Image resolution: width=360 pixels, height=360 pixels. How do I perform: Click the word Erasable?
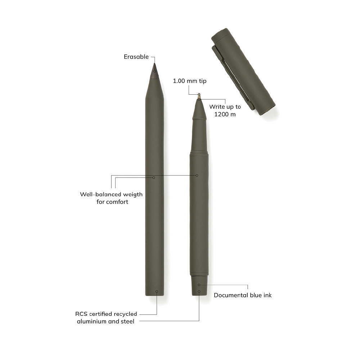pos(136,57)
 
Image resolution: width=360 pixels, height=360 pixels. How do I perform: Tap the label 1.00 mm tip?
pos(190,81)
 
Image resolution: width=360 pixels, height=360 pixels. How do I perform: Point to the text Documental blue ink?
pos(243,295)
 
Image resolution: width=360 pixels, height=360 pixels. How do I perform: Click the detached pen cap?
pos(243,72)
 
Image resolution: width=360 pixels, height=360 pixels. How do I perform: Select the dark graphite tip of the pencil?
pos(154,71)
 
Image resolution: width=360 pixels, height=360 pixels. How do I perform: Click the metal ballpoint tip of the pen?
pos(199,96)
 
